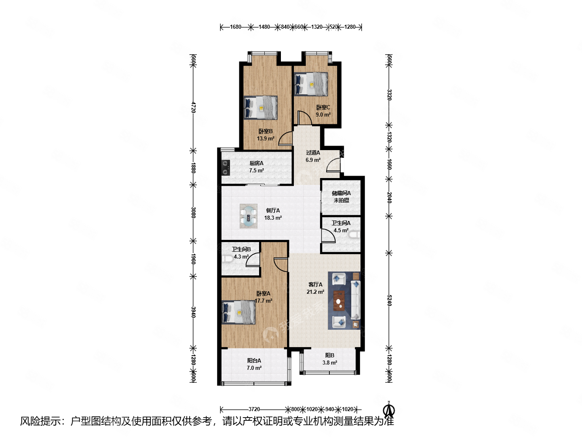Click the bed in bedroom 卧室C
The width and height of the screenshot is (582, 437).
click(x=311, y=84)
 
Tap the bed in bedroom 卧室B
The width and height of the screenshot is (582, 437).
click(x=261, y=108)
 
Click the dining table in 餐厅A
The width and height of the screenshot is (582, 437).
click(x=249, y=216)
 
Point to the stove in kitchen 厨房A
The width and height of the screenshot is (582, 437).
click(x=226, y=168)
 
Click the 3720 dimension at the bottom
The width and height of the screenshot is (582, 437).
click(x=254, y=409)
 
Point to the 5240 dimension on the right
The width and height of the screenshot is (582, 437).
click(x=389, y=300)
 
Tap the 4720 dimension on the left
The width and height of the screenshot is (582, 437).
click(x=193, y=107)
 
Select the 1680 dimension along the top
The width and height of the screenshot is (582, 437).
click(x=235, y=27)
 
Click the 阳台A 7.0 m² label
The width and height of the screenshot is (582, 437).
click(x=254, y=364)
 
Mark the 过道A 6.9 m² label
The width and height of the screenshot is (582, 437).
click(x=313, y=156)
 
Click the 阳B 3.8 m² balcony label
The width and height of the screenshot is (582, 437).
click(x=329, y=359)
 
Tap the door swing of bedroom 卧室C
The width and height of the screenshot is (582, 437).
click(x=303, y=118)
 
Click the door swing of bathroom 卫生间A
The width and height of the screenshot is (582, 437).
click(x=328, y=236)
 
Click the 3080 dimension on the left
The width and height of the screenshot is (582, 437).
click(x=193, y=212)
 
